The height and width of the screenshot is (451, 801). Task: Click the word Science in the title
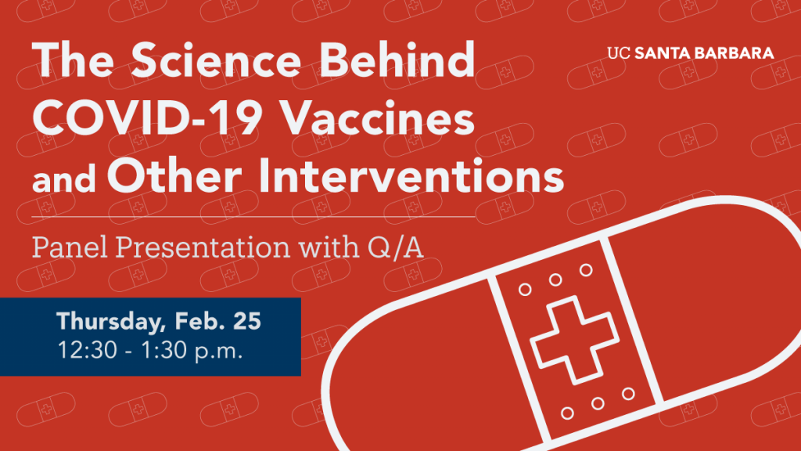pyautogui.click(x=216, y=60)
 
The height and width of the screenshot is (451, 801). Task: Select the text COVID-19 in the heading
pyautogui.click(x=147, y=118)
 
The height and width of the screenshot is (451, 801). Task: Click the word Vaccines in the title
pyautogui.click(x=378, y=118)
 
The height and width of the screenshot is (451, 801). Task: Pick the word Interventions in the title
pyautogui.click(x=411, y=175)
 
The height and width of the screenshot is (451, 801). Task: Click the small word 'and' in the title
pyautogui.click(x=64, y=180)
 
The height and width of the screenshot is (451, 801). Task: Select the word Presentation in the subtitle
pyautogui.click(x=203, y=248)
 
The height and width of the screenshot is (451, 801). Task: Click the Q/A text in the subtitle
pyautogui.click(x=395, y=248)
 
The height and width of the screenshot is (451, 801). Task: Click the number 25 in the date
pyautogui.click(x=247, y=321)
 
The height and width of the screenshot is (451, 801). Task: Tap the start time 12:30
pyautogui.click(x=88, y=351)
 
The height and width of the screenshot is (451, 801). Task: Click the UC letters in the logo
pyautogui.click(x=619, y=53)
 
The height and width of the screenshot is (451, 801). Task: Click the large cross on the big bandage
pyautogui.click(x=575, y=340)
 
